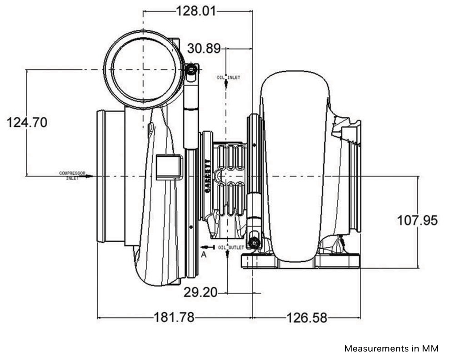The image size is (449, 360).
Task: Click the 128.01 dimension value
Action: pyautogui.click(x=197, y=11)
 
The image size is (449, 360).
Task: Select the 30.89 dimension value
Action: pyautogui.click(x=203, y=48)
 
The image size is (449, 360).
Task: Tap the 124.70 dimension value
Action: pyautogui.click(x=26, y=122)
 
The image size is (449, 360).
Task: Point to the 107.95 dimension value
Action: pyautogui.click(x=417, y=220)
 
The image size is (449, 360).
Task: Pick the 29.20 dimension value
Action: pyautogui.click(x=200, y=292)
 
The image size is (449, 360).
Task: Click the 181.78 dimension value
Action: pyautogui.click(x=175, y=317)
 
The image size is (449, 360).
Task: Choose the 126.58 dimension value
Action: pyautogui.click(x=306, y=317)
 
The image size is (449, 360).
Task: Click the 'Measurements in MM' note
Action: pyautogui.click(x=391, y=349)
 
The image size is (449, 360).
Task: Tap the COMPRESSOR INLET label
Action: pyautogui.click(x=72, y=175)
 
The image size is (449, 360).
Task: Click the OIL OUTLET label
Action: pyautogui.click(x=230, y=247)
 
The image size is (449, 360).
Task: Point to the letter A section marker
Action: pyautogui.click(x=204, y=255)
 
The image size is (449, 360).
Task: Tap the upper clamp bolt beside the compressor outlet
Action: pyautogui.click(x=192, y=70)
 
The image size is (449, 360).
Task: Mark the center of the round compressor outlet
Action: pyautogui.click(x=143, y=70)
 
